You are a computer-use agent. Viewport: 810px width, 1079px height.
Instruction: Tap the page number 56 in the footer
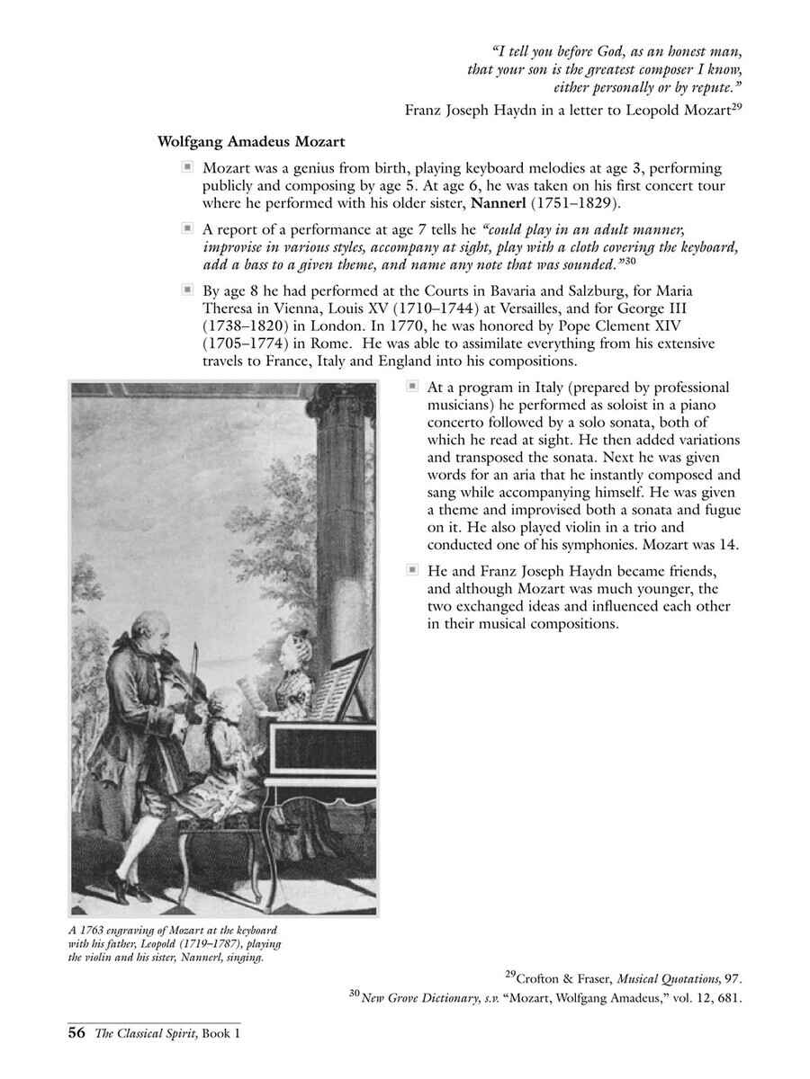[x=76, y=1034]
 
